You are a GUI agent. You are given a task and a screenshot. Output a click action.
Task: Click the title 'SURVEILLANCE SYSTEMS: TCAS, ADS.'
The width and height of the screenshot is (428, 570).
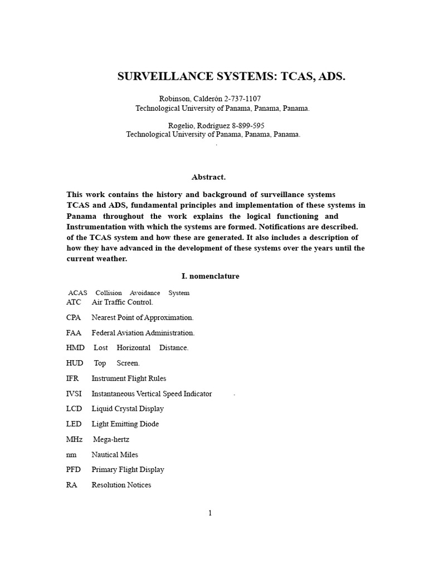click(231, 77)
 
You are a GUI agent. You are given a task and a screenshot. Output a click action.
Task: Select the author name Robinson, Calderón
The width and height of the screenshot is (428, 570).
click(188, 99)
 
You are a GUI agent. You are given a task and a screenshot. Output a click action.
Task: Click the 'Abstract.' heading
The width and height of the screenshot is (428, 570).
click(208, 177)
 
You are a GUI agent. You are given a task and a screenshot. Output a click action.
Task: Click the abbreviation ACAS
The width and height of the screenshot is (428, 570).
click(77, 293)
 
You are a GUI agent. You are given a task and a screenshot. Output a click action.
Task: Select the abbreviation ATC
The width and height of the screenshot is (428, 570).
click(74, 302)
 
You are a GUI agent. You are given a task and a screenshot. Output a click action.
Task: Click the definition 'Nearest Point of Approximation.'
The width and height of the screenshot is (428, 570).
click(143, 317)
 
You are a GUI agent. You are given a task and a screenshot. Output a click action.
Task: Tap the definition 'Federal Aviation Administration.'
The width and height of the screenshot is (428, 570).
click(143, 333)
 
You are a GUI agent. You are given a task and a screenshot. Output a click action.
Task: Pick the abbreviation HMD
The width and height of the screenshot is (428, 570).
click(75, 348)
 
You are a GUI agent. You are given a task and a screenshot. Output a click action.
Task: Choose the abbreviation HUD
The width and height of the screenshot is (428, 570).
click(75, 363)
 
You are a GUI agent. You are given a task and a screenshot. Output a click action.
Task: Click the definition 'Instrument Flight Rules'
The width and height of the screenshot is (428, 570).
click(129, 379)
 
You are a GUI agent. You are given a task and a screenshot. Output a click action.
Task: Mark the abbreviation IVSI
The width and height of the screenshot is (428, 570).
click(75, 394)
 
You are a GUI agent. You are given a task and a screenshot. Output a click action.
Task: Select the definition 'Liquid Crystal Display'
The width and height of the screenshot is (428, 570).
click(128, 409)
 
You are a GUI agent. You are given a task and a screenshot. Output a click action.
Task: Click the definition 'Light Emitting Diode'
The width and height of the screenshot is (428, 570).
click(125, 424)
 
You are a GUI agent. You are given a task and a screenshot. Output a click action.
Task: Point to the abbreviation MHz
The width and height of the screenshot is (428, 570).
click(75, 439)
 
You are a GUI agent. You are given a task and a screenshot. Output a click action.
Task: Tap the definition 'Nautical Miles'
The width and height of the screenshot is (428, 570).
click(115, 455)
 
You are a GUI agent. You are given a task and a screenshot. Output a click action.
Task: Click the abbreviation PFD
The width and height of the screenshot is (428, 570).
click(74, 470)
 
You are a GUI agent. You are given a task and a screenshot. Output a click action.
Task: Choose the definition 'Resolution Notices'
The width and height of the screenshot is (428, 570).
click(121, 485)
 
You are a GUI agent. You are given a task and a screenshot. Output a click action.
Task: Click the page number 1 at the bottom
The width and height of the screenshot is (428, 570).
click(210, 513)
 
